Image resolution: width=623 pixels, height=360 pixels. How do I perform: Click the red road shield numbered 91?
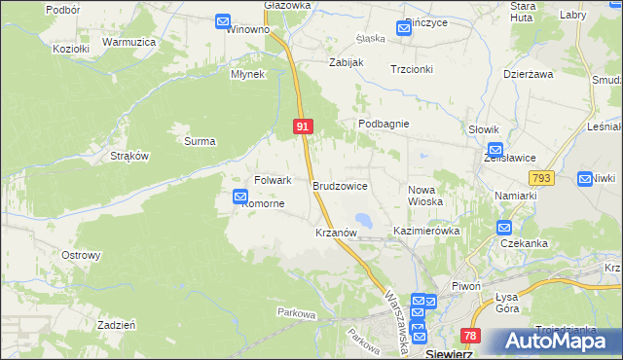(x=303, y=126)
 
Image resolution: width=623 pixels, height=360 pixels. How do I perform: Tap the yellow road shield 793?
(x=541, y=178)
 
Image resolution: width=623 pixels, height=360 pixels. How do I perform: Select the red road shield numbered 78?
(x=471, y=336)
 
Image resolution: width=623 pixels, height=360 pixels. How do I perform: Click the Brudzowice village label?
(x=340, y=185)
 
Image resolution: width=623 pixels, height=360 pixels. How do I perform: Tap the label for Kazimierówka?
(x=425, y=232)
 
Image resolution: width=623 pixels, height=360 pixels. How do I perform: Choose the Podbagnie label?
(x=384, y=125)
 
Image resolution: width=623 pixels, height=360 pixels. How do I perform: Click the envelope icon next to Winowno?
(x=223, y=20)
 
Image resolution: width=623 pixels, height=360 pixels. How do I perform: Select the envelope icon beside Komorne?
(x=240, y=198)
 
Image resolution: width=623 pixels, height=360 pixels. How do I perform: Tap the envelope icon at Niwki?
(x=584, y=179)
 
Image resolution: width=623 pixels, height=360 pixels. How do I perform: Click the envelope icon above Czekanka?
(x=503, y=228)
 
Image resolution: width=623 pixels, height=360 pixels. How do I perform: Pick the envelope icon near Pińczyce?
(x=404, y=28)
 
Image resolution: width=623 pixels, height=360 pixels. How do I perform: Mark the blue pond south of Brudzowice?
(x=362, y=219)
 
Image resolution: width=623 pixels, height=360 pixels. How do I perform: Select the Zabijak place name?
(x=346, y=62)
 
